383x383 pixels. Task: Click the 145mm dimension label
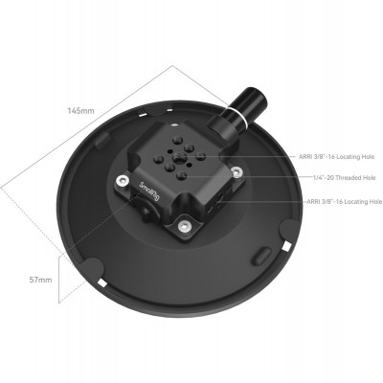(81, 111)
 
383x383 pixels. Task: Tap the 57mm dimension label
(39, 280)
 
